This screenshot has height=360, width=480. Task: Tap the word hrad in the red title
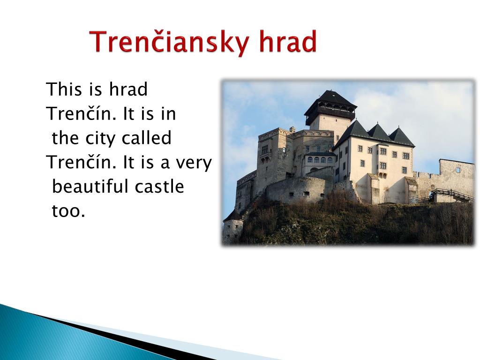(x=288, y=41)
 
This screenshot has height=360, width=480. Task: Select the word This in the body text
(x=64, y=89)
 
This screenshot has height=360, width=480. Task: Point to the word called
(x=146, y=138)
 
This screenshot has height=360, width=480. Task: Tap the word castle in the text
(x=159, y=186)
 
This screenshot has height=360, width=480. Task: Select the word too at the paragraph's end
(x=68, y=211)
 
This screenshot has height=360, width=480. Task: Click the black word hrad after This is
(x=128, y=89)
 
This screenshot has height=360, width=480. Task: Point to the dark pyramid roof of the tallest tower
(x=330, y=100)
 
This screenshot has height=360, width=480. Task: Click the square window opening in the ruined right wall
(x=458, y=169)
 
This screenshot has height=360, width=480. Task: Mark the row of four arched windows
(x=320, y=160)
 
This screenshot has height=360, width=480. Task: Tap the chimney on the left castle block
(x=292, y=129)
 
